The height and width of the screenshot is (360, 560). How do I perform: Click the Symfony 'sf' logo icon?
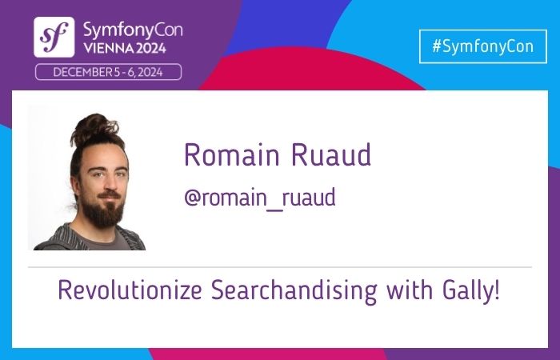click(54, 37)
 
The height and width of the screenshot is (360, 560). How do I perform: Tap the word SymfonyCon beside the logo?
click(132, 30)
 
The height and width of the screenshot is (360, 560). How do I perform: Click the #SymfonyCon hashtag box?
click(482, 46)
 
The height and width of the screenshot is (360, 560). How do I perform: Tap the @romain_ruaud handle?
click(259, 198)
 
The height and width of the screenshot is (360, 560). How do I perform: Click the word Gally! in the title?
click(473, 290)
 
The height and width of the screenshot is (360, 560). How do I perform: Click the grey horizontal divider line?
click(280, 266)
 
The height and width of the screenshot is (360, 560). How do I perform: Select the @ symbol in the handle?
click(192, 198)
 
